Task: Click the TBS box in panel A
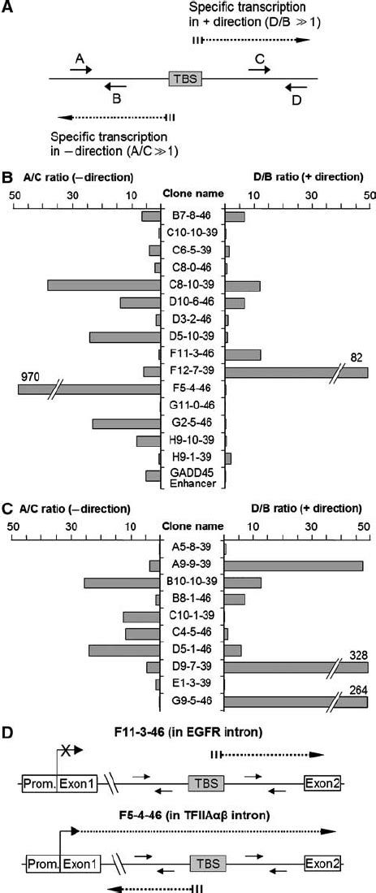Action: [x=184, y=79]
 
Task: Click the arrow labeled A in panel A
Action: [x=81, y=71]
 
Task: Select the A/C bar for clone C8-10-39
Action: [x=103, y=285]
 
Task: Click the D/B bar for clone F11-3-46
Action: [x=243, y=354]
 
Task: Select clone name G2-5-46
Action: [x=192, y=423]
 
